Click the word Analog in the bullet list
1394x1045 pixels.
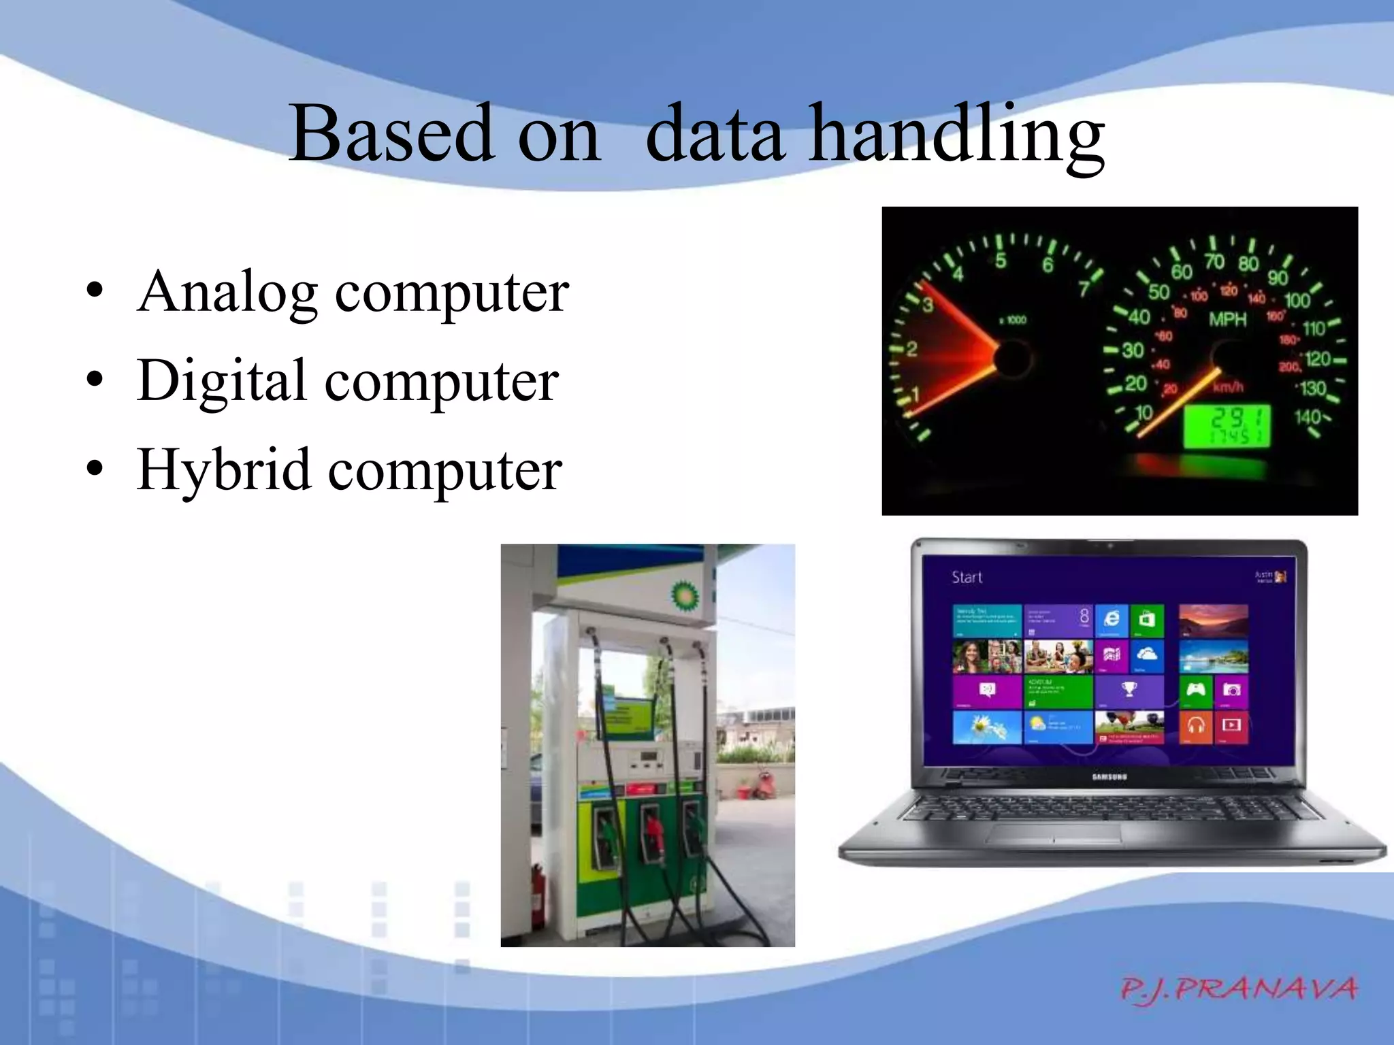(x=227, y=293)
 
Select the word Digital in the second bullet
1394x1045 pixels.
(x=221, y=381)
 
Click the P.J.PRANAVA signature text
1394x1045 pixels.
(x=1238, y=989)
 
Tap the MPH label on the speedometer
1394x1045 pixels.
(x=1227, y=319)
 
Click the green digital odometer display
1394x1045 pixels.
(x=1226, y=427)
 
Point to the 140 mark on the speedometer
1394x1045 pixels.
(x=1307, y=416)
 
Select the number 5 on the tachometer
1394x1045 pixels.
(x=1000, y=260)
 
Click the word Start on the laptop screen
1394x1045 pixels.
(x=967, y=578)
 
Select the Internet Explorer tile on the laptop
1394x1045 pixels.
(x=1112, y=619)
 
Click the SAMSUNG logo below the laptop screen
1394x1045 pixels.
(x=1109, y=776)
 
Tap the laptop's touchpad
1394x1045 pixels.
(x=1053, y=834)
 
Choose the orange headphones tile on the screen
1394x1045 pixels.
(x=1196, y=725)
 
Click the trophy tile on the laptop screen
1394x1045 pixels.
(x=1129, y=690)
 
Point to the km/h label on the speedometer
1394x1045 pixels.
(x=1228, y=386)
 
